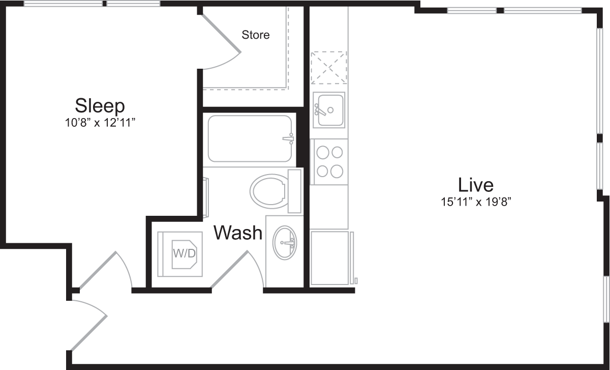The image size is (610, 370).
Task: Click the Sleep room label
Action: coord(100,106)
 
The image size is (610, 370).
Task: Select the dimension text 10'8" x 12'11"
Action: coord(100,123)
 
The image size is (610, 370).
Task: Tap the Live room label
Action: coord(475,184)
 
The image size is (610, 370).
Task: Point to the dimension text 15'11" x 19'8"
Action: coord(475,202)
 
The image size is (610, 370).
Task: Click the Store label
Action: coord(255,35)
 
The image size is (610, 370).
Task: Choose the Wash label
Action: coord(237,233)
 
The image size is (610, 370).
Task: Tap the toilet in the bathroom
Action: coord(268,191)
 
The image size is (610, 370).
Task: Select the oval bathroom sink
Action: coord(285,243)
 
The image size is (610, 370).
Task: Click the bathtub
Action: coord(250,139)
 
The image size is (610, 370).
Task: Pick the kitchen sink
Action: coord(328,110)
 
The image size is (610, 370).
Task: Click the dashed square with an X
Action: coord(328,67)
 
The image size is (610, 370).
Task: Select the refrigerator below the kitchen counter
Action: coord(330,258)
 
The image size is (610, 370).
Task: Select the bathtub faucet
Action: coord(289,138)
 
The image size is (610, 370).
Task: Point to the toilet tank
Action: coord(295,191)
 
